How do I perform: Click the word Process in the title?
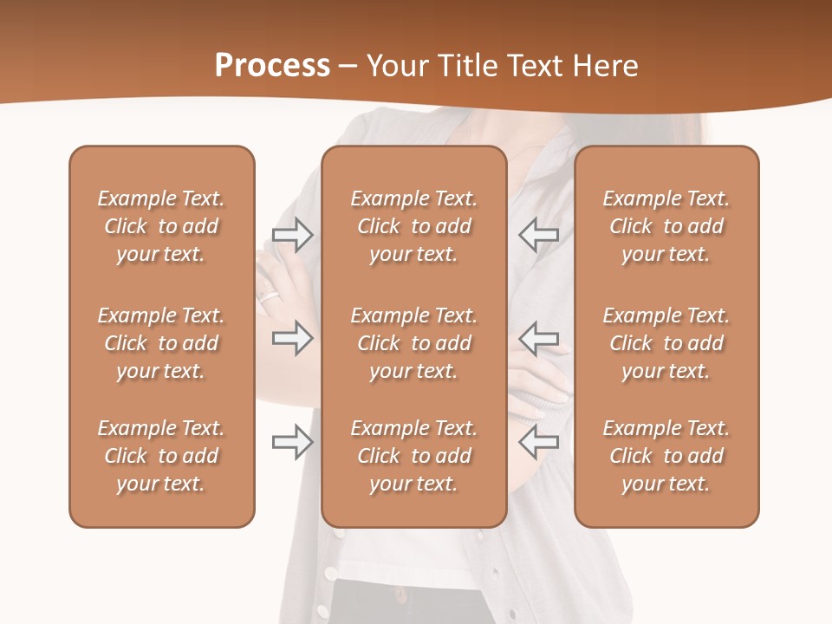272,66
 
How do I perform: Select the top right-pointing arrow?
292,235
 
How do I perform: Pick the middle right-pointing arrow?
292,338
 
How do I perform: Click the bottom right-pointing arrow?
292,442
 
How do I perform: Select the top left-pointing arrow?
538,235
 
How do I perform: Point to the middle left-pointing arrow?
538,338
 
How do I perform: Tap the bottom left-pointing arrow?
538,442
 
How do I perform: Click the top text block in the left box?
161,226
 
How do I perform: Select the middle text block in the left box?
161,343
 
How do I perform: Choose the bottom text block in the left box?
161,456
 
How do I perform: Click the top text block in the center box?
413,226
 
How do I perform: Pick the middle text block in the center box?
413,343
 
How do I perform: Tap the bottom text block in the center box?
413,456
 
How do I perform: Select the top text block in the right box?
666,226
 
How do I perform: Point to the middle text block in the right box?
666,343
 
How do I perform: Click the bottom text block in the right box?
666,456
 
